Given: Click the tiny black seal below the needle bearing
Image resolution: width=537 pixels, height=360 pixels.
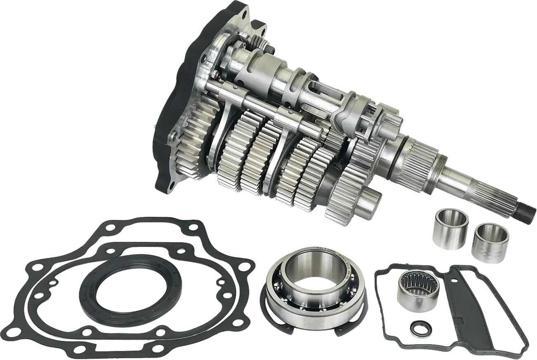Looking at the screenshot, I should [x=421, y=329].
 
